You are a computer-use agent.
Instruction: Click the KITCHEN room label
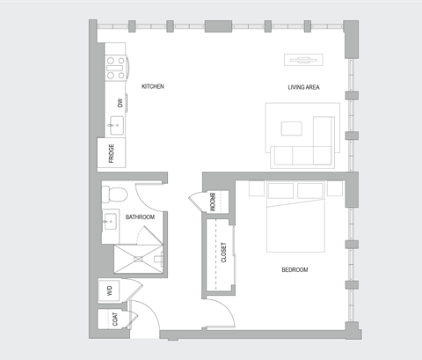coord(153,86)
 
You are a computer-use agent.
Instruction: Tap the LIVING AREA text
coord(303,86)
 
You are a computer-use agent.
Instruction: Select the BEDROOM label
coord(295,269)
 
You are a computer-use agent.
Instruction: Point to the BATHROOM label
coord(140,217)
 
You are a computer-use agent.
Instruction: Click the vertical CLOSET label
coord(223,253)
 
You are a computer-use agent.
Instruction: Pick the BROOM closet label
coord(213,202)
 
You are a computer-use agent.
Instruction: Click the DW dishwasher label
coord(119,102)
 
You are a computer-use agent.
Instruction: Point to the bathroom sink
coord(112,221)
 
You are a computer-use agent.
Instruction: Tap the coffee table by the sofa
coord(291,129)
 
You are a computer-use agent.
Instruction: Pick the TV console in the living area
coord(303,60)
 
